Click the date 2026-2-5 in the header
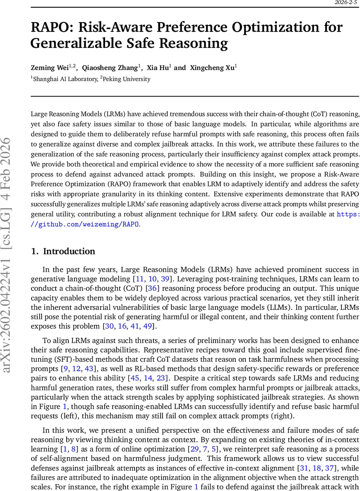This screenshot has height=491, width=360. (346, 2)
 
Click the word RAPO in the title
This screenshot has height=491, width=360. (54, 28)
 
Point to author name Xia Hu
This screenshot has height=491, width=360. (158, 68)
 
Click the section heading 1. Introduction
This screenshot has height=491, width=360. (63, 251)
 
